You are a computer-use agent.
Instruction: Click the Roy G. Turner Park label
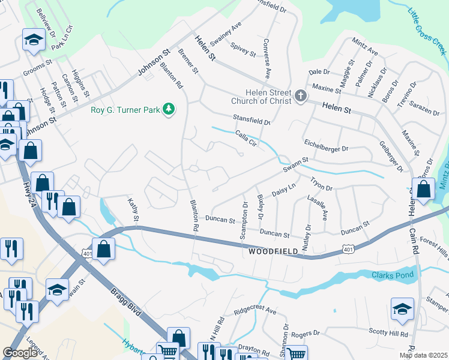coord(126,110)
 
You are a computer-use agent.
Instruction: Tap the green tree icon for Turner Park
coord(170,109)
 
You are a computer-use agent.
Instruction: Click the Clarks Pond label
coord(393,275)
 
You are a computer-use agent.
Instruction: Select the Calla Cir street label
coord(246,139)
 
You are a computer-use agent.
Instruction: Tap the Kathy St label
coord(133,209)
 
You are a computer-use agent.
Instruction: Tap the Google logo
coord(20,353)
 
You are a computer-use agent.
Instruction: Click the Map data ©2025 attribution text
coord(424,355)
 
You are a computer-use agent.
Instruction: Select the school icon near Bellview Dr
coord(33,41)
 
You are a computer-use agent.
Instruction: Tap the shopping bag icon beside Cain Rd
coord(423,190)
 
